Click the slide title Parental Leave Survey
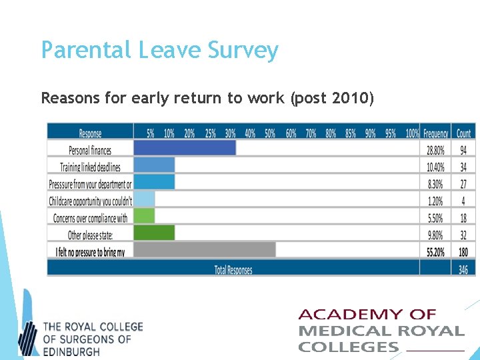[159, 50]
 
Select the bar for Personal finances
[185, 148]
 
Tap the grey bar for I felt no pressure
[204, 249]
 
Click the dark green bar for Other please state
[154, 233]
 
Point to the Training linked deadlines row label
[90, 167]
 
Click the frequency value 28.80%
[435, 151]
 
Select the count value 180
[463, 252]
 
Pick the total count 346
[463, 269]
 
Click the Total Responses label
[233, 269]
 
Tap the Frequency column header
[435, 133]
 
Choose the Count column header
[463, 133]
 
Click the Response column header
[90, 133]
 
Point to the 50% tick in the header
[270, 133]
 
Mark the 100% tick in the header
[412, 133]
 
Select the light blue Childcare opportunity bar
[144, 199]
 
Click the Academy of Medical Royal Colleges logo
[381, 331]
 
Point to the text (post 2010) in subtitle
[331, 99]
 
